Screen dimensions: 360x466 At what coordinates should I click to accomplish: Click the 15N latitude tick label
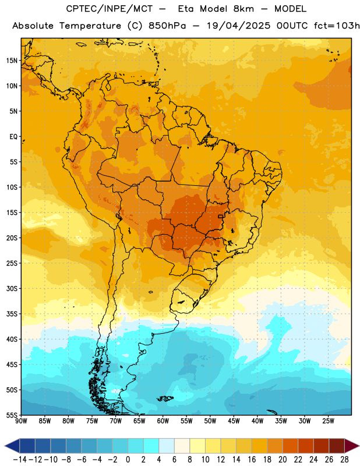coord(12,61)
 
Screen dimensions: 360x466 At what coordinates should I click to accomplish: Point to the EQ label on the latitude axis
coord(13,137)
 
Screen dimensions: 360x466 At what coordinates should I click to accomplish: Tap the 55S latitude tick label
coord(12,415)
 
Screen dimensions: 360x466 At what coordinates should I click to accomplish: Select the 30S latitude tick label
coord(12,288)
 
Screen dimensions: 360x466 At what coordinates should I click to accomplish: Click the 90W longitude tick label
coord(22,421)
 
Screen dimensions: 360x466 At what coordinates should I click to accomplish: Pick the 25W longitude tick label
coord(328,421)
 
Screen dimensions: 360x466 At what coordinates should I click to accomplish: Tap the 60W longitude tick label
coord(163,421)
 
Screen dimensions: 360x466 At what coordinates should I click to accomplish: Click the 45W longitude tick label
coord(234,421)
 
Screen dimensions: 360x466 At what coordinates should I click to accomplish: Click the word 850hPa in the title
coord(167,26)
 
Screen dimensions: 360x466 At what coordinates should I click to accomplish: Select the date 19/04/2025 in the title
coord(238,26)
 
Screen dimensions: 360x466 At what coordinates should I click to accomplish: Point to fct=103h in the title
coord(337,26)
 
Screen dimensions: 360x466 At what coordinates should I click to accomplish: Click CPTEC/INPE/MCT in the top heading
coord(109,9)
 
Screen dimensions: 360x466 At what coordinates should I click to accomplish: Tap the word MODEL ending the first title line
coord(290,9)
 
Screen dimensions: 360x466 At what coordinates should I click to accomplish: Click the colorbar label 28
coord(344,460)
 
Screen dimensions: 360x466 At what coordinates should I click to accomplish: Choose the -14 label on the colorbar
coord(20,460)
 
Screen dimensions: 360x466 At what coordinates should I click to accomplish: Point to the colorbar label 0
coord(128,460)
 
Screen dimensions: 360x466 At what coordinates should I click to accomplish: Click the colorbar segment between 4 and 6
coord(167,446)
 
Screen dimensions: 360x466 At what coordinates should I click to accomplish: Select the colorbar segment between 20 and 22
coord(290,446)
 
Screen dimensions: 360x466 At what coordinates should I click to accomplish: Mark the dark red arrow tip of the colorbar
coord(359,446)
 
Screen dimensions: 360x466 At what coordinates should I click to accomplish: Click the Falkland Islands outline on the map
coord(165,398)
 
